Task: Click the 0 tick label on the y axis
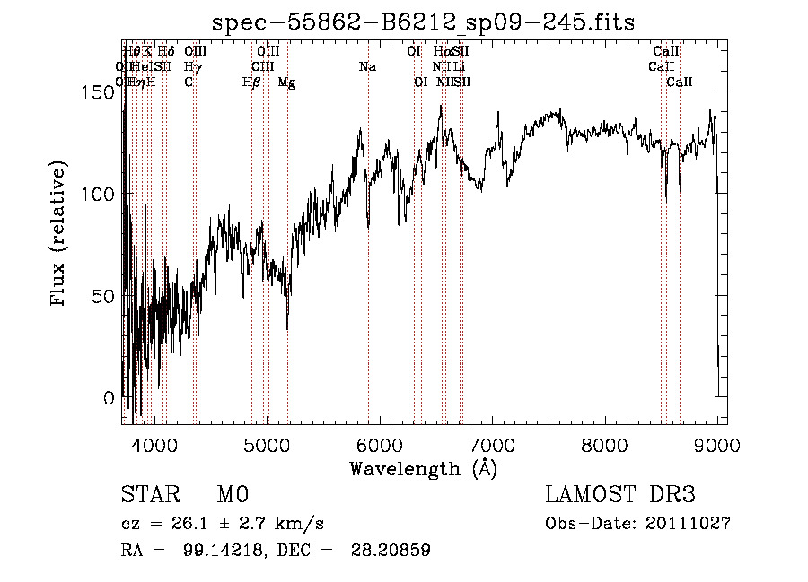(x=109, y=397)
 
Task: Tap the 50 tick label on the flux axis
(x=106, y=296)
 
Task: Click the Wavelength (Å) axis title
(x=423, y=467)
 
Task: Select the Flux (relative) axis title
(x=60, y=236)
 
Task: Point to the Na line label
(x=366, y=67)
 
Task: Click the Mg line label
(x=286, y=83)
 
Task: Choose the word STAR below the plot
(x=147, y=495)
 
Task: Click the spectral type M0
(x=232, y=495)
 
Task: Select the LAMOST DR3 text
(x=620, y=495)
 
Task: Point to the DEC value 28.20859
(x=393, y=551)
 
